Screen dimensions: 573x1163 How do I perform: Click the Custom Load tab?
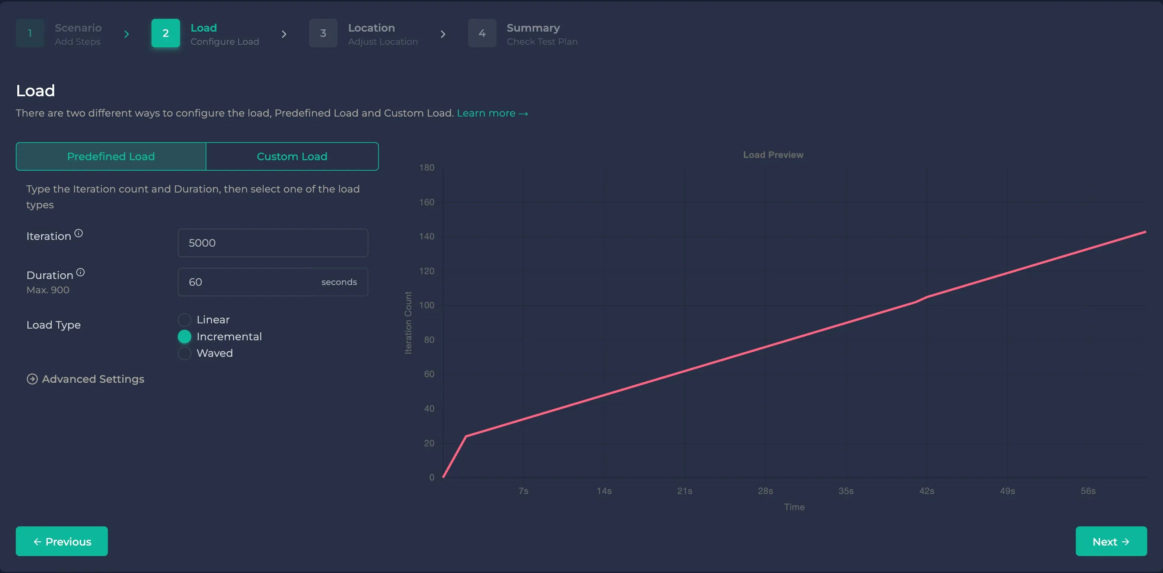(292, 156)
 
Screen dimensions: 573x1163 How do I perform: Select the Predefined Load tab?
(111, 156)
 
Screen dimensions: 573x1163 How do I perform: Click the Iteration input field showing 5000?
(273, 243)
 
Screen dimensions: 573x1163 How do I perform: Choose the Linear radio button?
(185, 320)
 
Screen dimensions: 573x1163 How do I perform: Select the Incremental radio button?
(185, 337)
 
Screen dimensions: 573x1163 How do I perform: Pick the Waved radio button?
(185, 353)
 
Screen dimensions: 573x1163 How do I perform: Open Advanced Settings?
(86, 379)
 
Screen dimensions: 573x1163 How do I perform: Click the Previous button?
(62, 541)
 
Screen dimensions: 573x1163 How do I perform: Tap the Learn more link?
(492, 113)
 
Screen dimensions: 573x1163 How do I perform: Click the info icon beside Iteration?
(79, 233)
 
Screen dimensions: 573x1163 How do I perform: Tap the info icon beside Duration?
(80, 272)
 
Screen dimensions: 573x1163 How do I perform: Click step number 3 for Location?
(323, 33)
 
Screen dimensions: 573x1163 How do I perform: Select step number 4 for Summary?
(482, 33)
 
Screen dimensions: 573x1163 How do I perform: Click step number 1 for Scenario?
(30, 33)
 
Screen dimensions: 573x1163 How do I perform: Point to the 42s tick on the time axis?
(927, 491)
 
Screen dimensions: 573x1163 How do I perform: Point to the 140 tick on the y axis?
(427, 236)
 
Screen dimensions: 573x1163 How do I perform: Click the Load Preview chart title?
(773, 155)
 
